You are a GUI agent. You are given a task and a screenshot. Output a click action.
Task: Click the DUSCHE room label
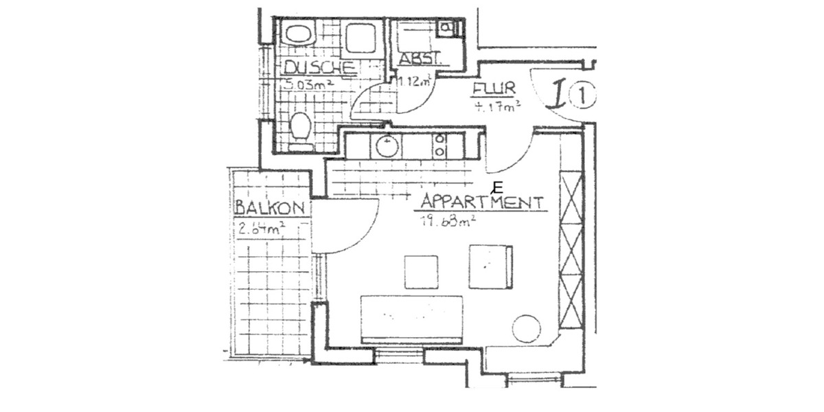tap(320, 67)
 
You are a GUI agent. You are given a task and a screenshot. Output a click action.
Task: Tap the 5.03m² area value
tap(309, 84)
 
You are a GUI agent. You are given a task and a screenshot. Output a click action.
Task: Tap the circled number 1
tap(583, 97)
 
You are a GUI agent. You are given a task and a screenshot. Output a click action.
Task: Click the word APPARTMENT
tap(482, 203)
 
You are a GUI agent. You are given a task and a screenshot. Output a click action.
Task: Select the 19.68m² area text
tap(448, 220)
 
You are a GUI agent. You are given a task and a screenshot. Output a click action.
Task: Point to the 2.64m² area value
tap(262, 229)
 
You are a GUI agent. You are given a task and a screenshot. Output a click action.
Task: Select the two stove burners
tap(440, 146)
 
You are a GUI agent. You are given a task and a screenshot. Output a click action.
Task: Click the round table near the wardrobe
tap(527, 328)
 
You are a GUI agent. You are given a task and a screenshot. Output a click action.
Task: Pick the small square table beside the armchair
tap(421, 272)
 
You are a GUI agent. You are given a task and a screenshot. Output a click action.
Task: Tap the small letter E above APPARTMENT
tap(498, 187)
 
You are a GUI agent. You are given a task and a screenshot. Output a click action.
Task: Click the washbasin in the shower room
tap(299, 34)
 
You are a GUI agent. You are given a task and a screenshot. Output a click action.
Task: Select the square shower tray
tap(360, 37)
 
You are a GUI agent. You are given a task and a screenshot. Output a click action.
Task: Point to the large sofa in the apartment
tap(412, 319)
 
